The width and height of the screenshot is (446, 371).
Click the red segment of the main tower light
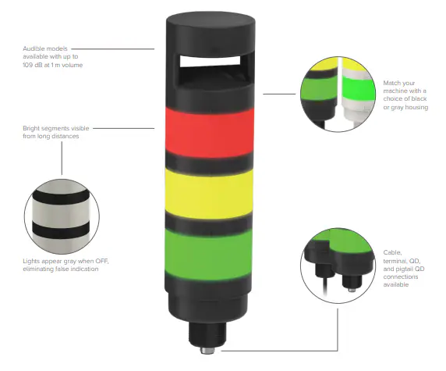[210, 133]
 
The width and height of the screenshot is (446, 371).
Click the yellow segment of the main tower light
[209, 194]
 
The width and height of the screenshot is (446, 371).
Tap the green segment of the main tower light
[208, 254]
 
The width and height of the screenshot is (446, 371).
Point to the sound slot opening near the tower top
[210, 61]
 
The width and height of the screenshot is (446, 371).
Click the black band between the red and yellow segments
[209, 163]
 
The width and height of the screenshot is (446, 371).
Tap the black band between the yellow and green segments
[209, 224]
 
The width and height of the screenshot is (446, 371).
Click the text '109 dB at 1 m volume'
[53, 65]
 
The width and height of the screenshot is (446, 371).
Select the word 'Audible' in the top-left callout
[34, 48]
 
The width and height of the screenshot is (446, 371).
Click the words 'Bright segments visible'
[56, 128]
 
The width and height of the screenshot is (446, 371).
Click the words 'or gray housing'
[405, 108]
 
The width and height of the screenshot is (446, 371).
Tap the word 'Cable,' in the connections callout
[392, 252]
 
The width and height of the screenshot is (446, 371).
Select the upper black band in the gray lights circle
[61, 197]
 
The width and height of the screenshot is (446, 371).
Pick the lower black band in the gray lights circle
[61, 230]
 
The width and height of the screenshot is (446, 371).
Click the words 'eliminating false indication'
[61, 269]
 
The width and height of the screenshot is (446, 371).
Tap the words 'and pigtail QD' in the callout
[404, 269]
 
